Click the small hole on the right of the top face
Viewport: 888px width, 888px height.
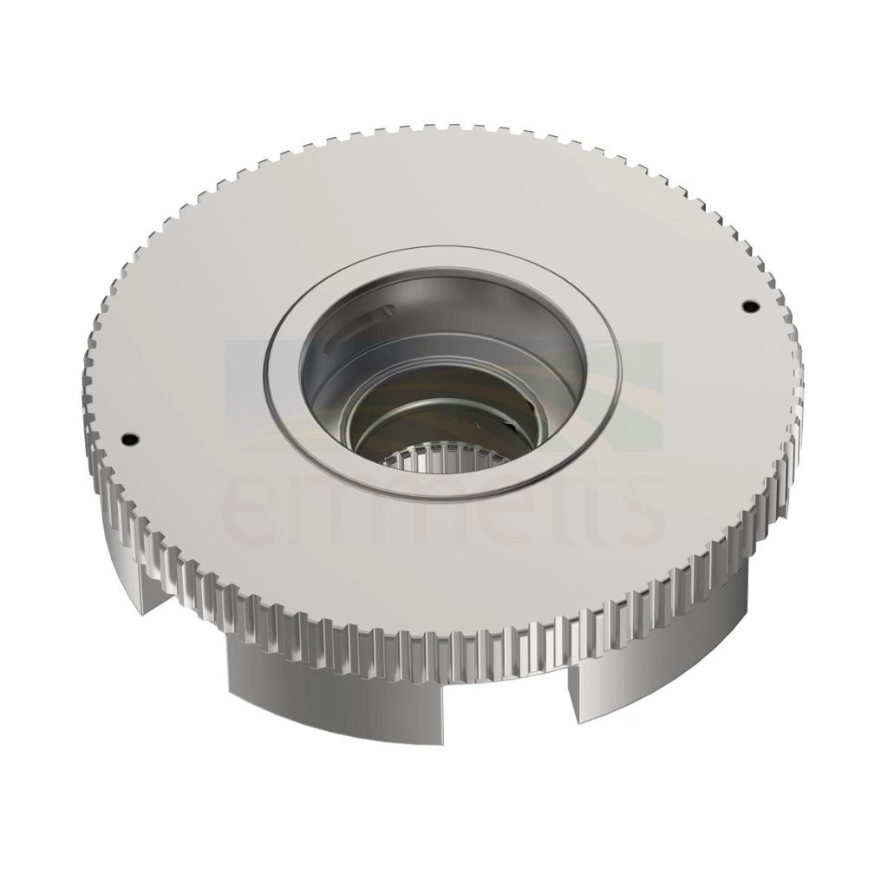coord(751,306)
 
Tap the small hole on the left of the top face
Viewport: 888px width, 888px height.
coord(131,438)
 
